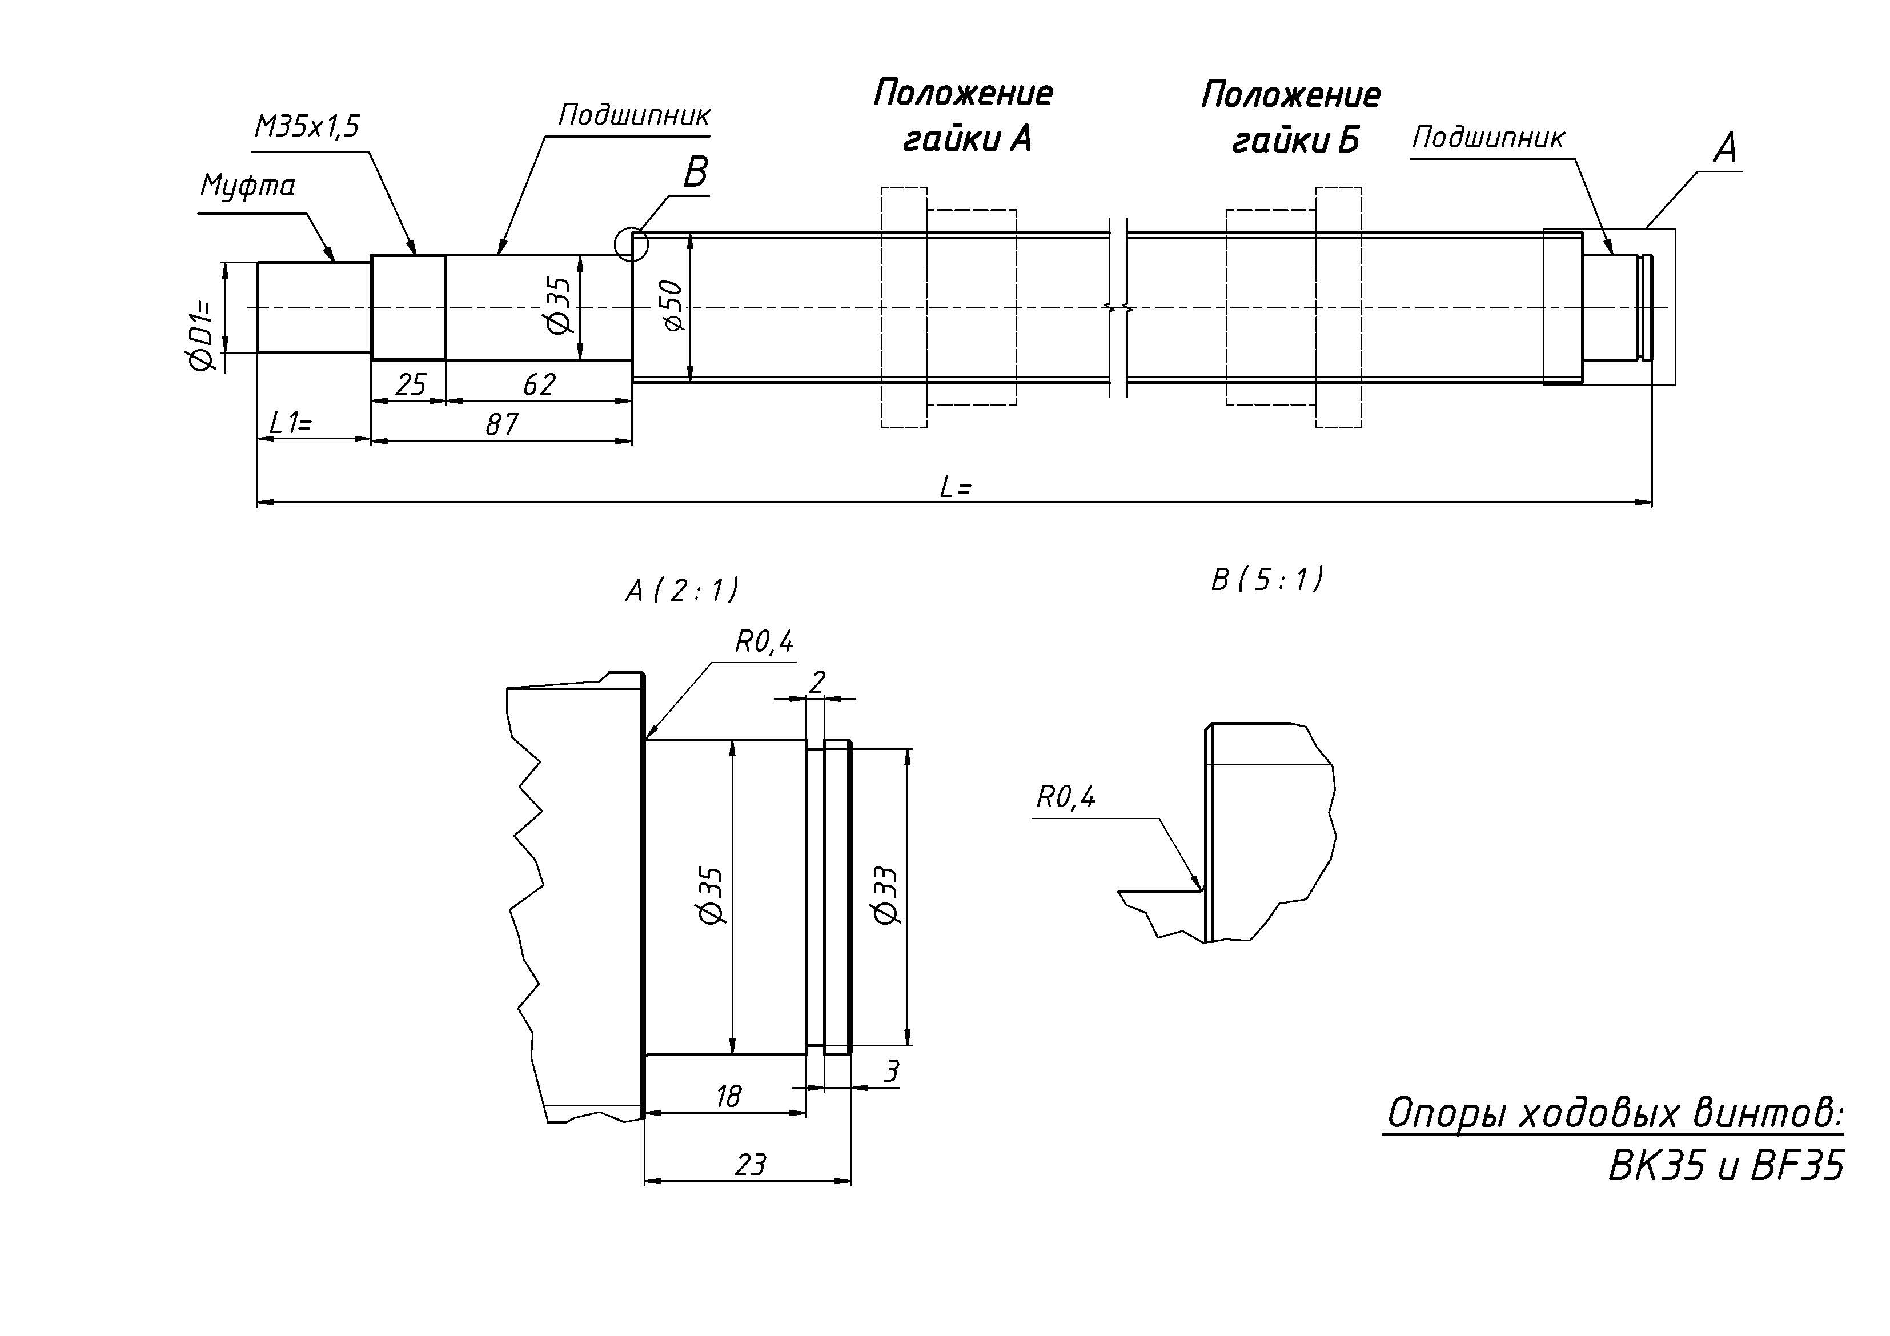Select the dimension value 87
point(501,425)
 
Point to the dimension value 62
point(539,385)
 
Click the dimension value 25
point(411,385)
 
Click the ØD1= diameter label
point(202,335)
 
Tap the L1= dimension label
point(291,424)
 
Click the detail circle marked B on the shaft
point(631,244)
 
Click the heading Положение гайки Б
point(1291,118)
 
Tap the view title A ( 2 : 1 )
point(683,590)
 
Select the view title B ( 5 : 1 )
point(1267,580)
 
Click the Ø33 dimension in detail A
point(886,895)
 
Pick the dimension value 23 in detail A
point(750,1165)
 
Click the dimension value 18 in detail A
point(728,1097)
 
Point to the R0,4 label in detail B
point(1066,797)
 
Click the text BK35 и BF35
point(1726,1166)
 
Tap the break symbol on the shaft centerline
point(1118,308)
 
